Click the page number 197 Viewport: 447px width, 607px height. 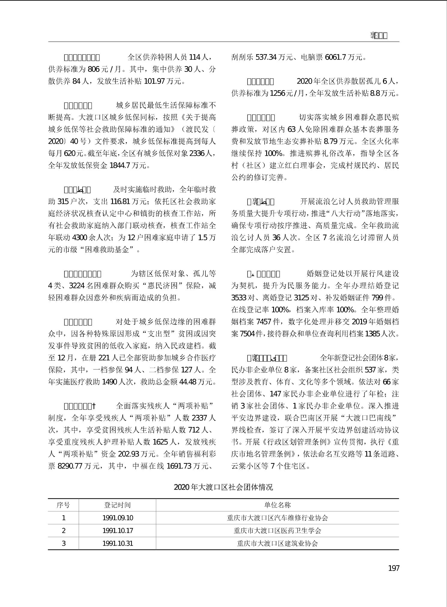point(394,568)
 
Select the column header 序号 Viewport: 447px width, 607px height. point(63,505)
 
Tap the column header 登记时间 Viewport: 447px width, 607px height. point(117,505)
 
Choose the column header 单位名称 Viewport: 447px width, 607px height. point(277,505)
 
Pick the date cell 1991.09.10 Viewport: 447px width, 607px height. point(117,518)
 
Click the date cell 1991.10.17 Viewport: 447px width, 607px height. point(117,531)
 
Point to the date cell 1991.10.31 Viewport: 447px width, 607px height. point(117,543)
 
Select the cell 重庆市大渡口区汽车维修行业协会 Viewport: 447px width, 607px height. point(277,518)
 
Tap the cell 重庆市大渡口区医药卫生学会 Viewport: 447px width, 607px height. point(277,531)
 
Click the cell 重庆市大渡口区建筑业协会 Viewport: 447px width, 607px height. point(277,543)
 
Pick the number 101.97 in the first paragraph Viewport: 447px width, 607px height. point(154,81)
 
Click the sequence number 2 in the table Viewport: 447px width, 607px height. point(63,531)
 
